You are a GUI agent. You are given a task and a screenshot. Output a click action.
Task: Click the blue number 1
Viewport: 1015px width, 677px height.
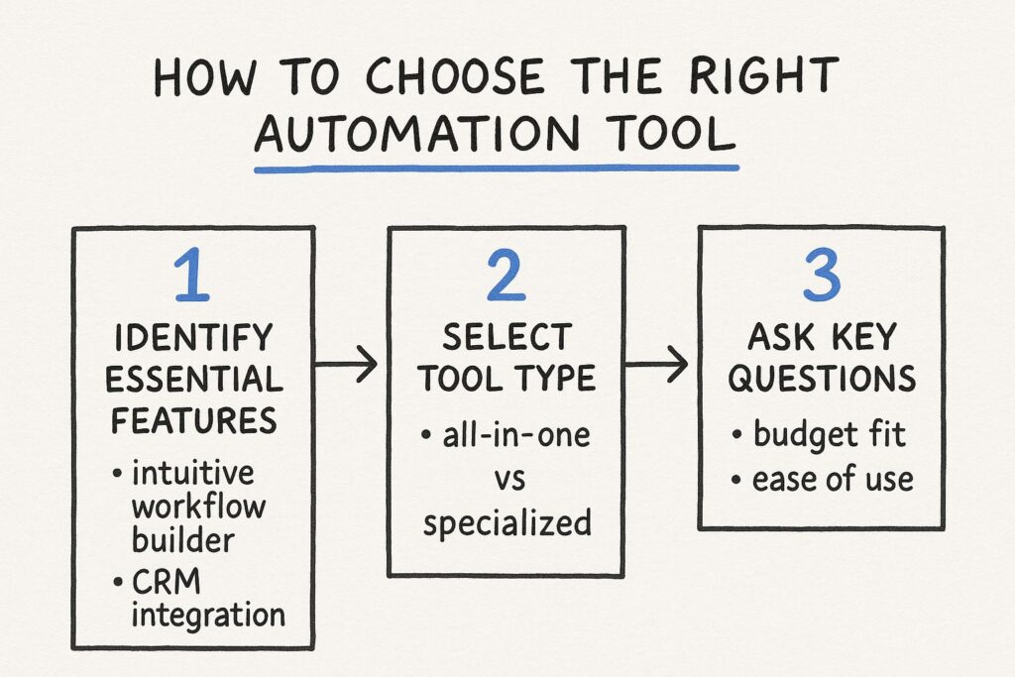[192, 277]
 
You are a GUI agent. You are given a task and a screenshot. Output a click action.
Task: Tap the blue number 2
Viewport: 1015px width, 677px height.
[507, 277]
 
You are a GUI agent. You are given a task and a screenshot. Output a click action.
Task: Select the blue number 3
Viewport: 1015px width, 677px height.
[822, 276]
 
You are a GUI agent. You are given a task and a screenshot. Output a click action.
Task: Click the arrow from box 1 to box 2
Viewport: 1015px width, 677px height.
[346, 365]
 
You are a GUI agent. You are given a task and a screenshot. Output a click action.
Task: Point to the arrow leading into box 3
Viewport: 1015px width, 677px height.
[656, 365]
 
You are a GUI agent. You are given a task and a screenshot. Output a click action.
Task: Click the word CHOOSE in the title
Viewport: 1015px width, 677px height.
[456, 76]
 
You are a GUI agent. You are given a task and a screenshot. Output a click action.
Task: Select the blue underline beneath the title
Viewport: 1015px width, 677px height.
[497, 169]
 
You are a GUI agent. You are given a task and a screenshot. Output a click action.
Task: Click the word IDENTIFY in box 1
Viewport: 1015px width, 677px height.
[193, 338]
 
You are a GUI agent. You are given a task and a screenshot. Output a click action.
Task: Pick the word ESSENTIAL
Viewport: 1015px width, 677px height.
[194, 380]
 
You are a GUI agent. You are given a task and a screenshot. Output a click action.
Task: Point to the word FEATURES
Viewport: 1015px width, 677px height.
[194, 420]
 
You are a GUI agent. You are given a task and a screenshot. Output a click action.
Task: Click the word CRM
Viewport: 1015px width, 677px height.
[167, 583]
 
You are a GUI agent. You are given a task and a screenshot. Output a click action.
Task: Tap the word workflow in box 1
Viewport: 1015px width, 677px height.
[198, 507]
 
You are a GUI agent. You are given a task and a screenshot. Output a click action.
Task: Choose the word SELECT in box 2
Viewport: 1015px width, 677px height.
[507, 338]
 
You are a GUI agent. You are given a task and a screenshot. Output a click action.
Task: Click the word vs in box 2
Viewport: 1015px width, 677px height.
[509, 480]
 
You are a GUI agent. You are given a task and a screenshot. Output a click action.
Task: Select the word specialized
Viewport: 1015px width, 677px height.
[507, 523]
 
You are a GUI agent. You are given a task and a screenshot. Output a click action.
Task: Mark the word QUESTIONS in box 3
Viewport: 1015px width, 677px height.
[822, 379]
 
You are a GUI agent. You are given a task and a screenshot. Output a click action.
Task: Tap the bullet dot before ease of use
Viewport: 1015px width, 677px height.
[736, 480]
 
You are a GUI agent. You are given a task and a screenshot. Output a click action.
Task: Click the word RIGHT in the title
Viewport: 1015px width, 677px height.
[764, 75]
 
